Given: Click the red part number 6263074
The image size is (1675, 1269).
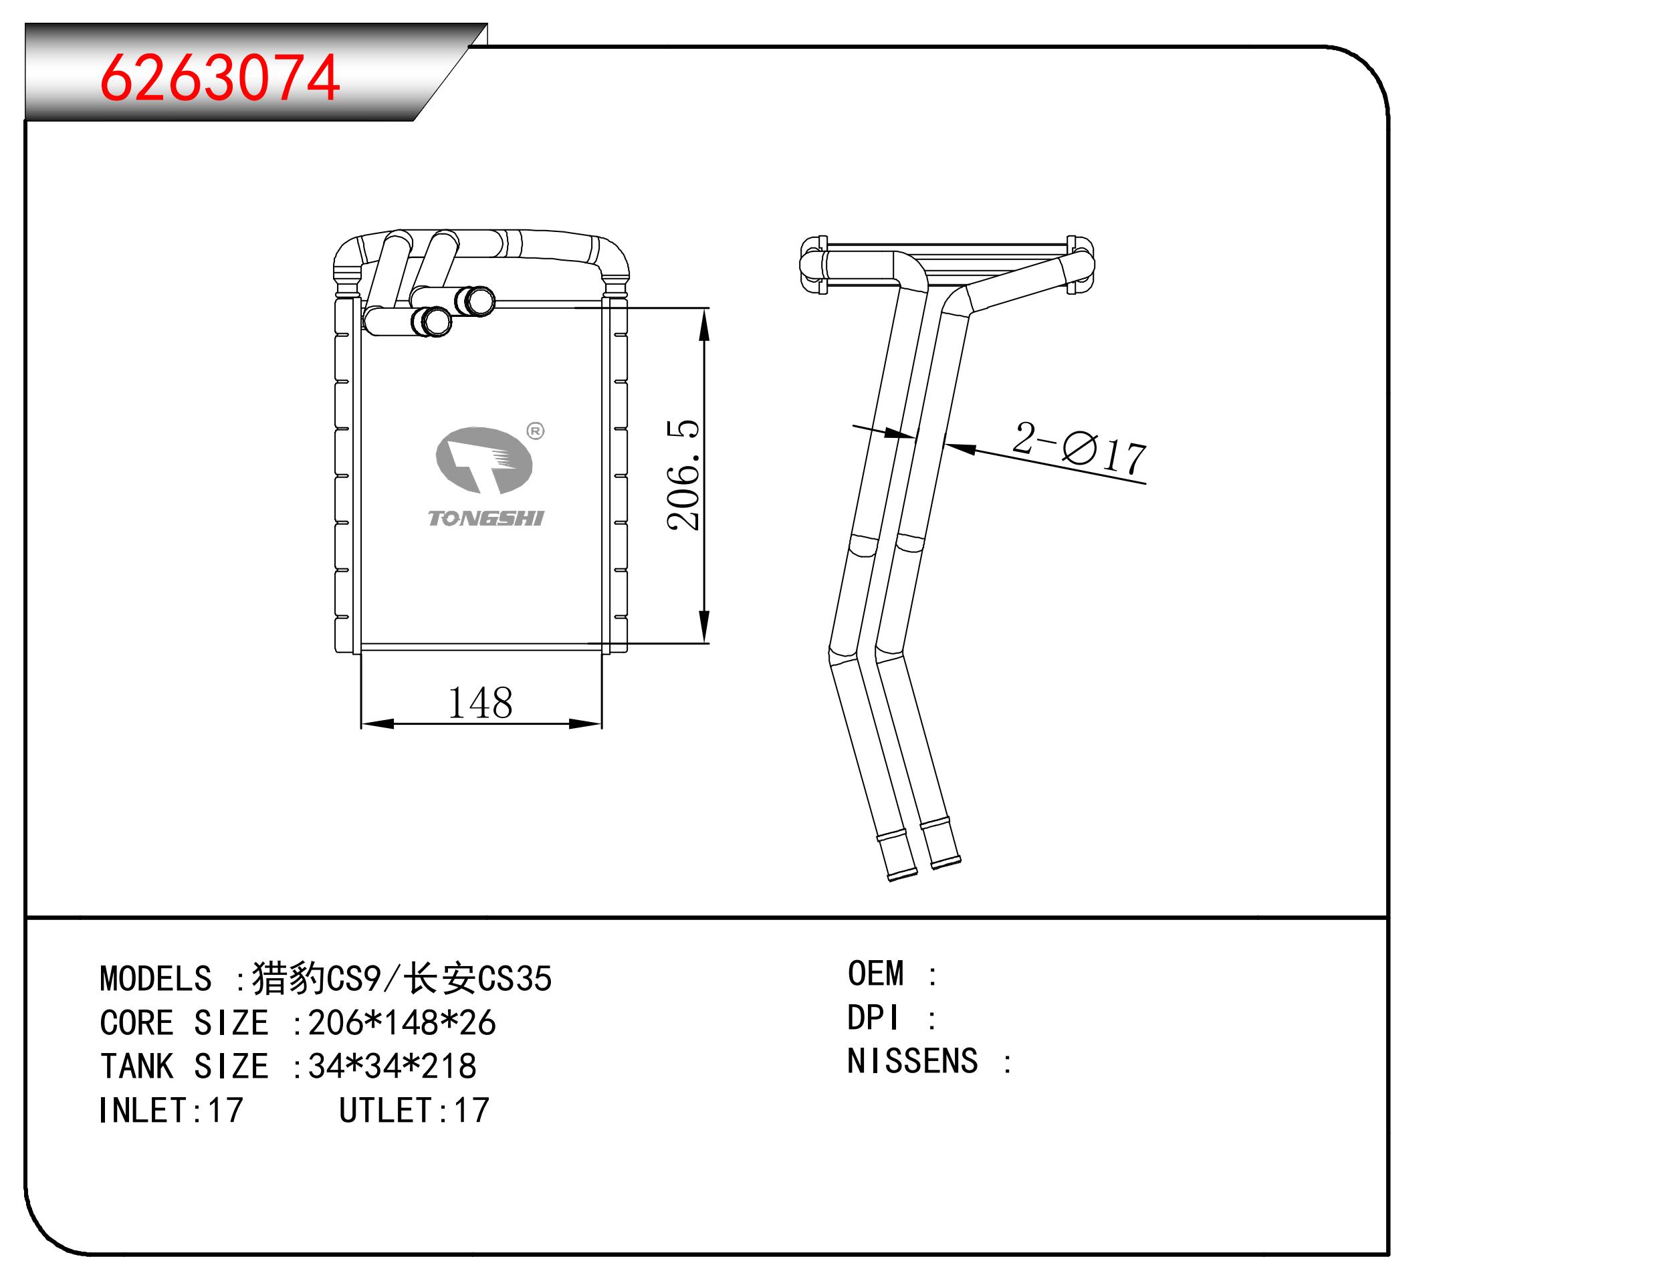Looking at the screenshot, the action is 219,78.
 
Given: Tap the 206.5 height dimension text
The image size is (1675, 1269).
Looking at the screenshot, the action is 684,475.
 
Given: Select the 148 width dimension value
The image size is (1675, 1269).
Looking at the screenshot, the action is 480,703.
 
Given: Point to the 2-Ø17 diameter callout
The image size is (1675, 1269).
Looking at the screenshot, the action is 1080,448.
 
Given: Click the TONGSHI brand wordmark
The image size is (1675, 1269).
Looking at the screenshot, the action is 486,519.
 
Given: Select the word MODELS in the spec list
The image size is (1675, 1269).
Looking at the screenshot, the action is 155,979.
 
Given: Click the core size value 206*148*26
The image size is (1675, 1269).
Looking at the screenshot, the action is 402,1023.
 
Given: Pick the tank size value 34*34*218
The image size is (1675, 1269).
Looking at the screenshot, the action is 393,1067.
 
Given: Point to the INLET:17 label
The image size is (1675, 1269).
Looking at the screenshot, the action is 171,1111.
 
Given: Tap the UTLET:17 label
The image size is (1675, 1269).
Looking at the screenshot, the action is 414,1111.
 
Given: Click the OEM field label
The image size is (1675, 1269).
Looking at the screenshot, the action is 876,973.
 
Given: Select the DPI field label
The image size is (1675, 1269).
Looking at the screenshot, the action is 873,1018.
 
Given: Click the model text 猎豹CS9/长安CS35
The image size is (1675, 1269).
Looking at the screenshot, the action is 402,978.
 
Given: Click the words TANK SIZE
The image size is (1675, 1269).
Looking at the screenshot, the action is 184,1067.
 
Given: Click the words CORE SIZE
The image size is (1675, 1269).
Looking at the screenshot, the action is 184,1023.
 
